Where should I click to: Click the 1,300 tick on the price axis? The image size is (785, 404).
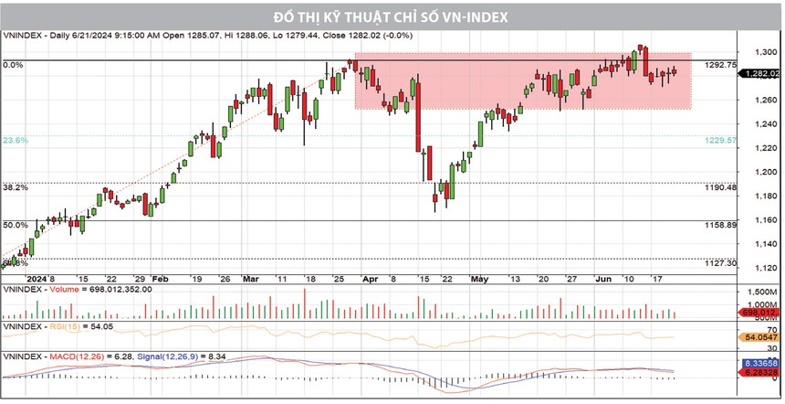(x=762, y=52)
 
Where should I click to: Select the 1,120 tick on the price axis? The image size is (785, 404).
(x=762, y=268)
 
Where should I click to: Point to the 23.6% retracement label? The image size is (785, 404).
(x=16, y=141)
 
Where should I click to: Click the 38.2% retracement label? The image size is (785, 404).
(x=16, y=187)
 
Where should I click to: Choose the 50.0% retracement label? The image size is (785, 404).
(x=16, y=225)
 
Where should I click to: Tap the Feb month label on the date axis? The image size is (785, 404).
(x=160, y=278)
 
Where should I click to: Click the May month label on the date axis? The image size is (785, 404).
(x=480, y=278)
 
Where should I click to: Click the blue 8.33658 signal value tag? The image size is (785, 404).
(x=759, y=363)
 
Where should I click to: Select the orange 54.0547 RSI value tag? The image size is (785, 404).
(x=759, y=338)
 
